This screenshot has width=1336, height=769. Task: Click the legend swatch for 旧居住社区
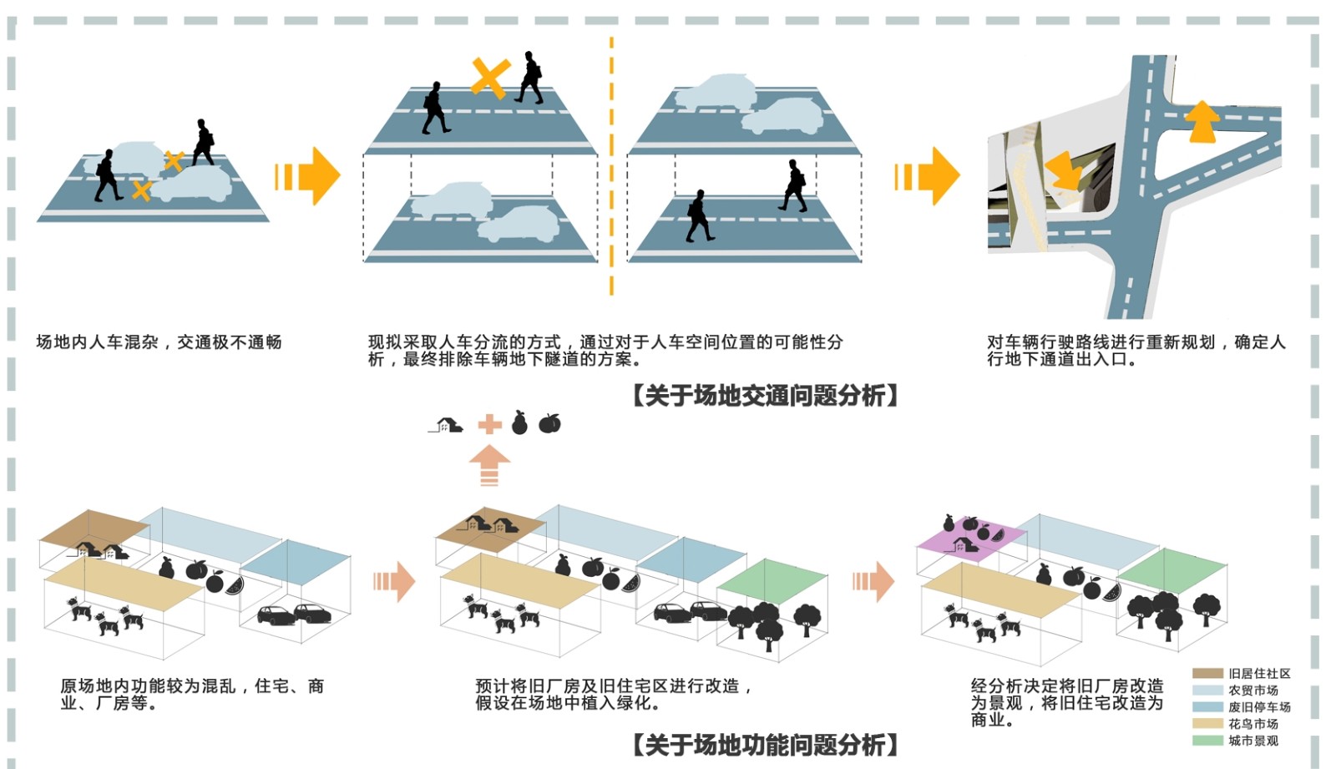tap(1207, 673)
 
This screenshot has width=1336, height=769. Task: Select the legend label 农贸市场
tap(1252, 691)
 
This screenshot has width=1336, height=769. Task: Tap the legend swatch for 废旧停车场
tap(1207, 706)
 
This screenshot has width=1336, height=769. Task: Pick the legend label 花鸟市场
tap(1252, 724)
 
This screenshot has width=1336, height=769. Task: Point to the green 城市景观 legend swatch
tap(1207, 741)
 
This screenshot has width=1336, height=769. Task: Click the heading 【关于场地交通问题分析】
tap(765, 395)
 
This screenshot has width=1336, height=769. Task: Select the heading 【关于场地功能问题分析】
tap(765, 744)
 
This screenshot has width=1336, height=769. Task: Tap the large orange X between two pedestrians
tap(490, 78)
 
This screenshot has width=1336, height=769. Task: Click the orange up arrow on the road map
tap(1202, 121)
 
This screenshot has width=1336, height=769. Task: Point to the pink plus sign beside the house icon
tap(489, 424)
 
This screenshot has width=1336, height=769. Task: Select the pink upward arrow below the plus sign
tap(489, 465)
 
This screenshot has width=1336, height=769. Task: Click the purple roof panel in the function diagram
tap(971, 536)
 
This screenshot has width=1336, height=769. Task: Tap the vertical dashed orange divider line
tap(611, 167)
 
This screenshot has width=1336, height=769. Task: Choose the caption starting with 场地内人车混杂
tap(159, 342)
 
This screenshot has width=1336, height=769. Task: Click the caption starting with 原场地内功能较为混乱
tap(191, 694)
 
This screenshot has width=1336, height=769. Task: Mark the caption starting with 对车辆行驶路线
tap(1136, 351)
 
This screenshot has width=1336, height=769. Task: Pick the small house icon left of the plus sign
tap(448, 425)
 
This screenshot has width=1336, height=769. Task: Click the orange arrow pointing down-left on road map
tap(1063, 170)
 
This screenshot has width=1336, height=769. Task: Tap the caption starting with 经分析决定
tap(1066, 702)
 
